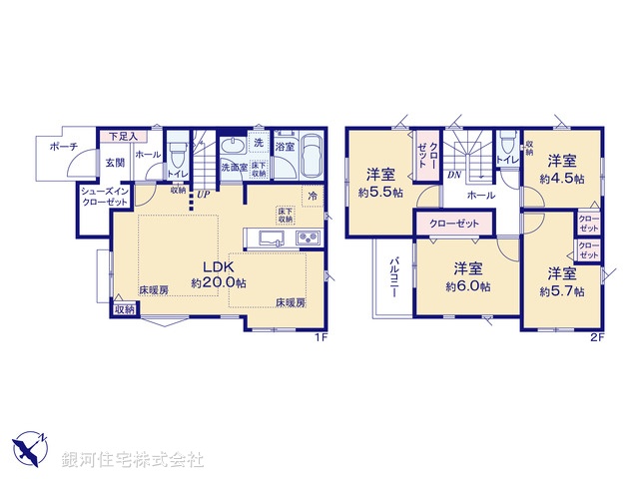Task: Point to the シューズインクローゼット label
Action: click(104, 196)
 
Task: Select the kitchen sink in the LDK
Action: click(273, 239)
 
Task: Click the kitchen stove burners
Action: click(307, 239)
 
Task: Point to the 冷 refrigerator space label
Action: click(313, 197)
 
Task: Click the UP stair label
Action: click(203, 194)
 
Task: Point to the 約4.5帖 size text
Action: click(562, 177)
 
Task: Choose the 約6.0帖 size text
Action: click(468, 286)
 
